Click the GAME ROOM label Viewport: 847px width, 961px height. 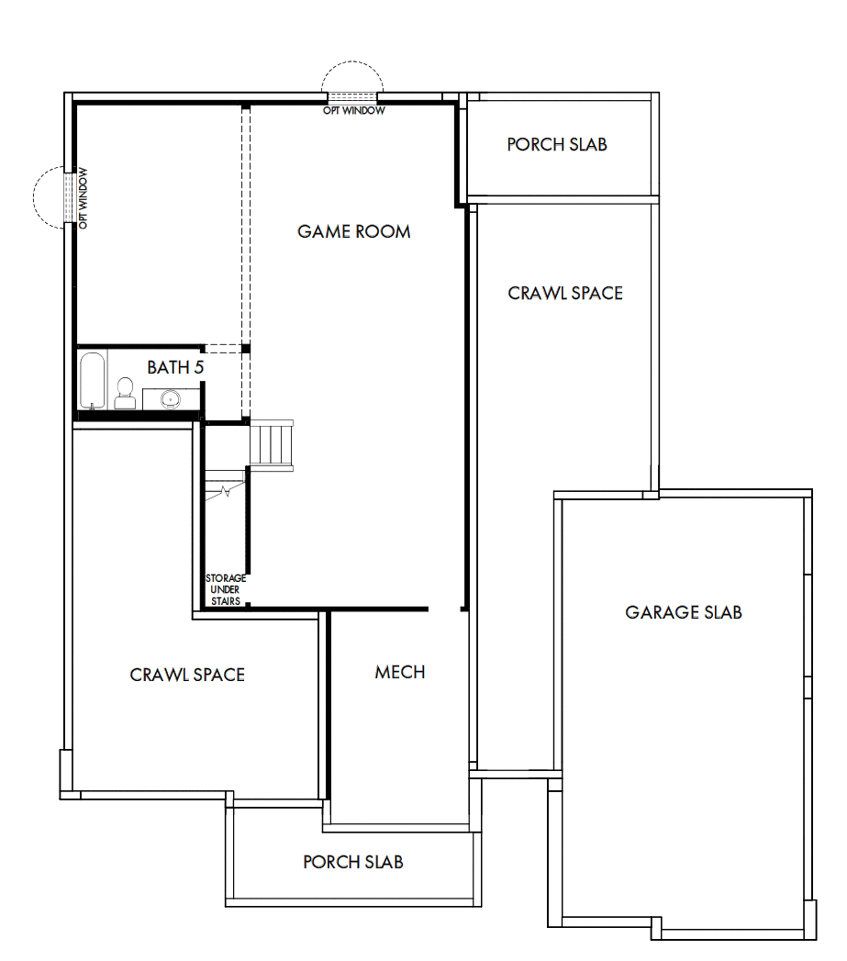(x=353, y=231)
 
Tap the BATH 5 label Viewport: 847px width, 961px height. (x=175, y=367)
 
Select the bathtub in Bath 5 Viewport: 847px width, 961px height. (x=92, y=380)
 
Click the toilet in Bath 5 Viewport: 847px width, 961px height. (x=125, y=395)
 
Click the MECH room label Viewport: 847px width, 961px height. (x=400, y=672)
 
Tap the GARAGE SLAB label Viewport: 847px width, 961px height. (x=684, y=612)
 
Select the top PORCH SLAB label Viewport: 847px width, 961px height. (x=557, y=145)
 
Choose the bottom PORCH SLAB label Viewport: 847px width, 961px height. (x=353, y=862)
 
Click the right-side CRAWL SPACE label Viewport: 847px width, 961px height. (x=565, y=293)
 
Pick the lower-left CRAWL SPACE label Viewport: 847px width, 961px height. (x=187, y=675)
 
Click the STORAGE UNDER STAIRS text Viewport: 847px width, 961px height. (x=225, y=589)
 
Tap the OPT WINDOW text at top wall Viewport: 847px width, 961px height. (x=353, y=111)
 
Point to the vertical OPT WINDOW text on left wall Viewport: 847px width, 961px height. (x=83, y=197)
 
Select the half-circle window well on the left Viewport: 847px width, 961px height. (x=48, y=196)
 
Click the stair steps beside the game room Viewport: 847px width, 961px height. (x=273, y=444)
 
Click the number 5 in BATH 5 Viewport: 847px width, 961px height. (x=198, y=367)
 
